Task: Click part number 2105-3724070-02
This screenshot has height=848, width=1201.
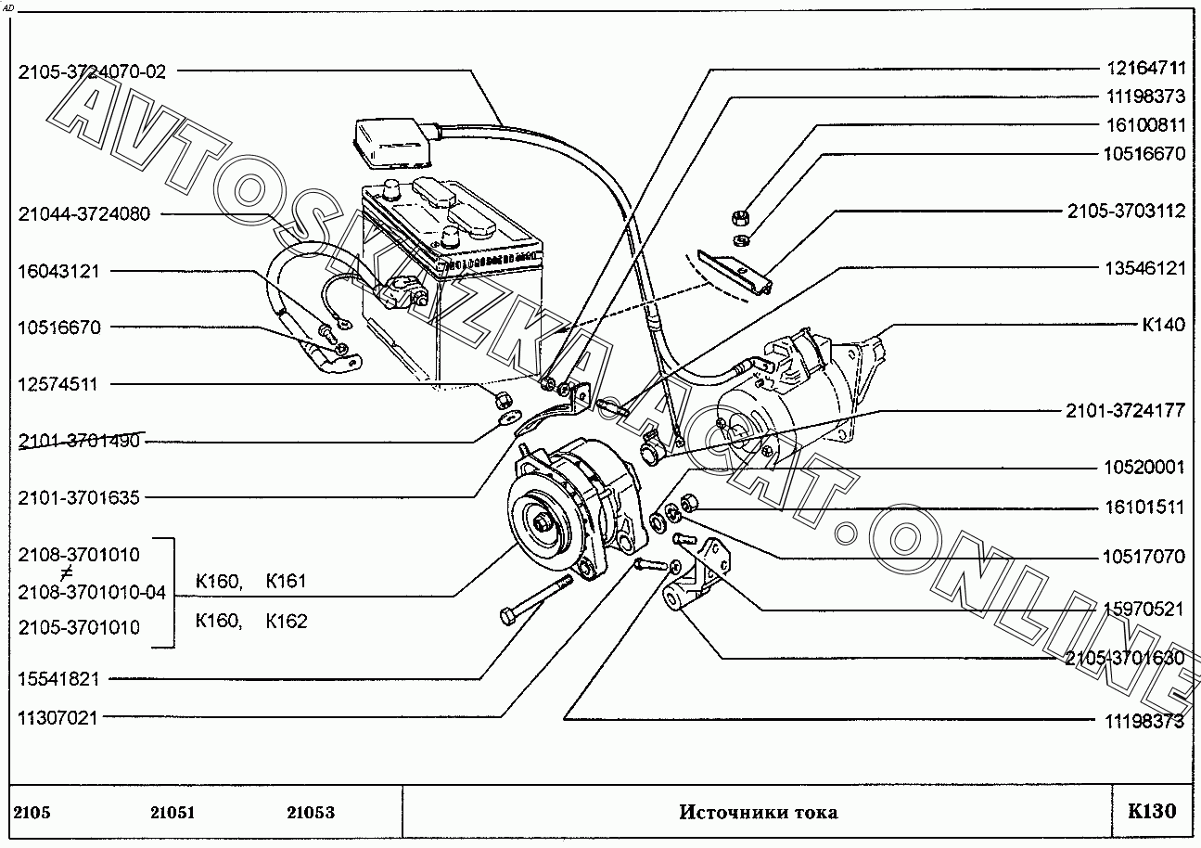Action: point(92,71)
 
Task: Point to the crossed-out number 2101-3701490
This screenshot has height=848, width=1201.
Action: point(79,441)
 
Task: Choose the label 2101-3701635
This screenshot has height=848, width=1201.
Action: point(79,498)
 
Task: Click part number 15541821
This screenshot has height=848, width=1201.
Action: point(57,679)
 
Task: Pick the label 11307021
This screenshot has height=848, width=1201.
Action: point(57,717)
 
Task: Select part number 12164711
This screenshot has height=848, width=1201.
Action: point(1144,68)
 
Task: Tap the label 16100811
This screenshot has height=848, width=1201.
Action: point(1144,125)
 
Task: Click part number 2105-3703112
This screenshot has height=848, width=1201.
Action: point(1126,212)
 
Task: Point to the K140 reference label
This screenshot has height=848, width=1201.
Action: point(1163,326)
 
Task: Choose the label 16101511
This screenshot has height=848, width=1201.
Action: point(1144,508)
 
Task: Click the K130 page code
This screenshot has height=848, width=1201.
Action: point(1152,812)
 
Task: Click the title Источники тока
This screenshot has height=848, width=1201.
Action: point(758,813)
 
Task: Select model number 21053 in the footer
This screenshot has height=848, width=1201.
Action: point(310,813)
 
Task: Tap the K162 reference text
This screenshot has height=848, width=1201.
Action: point(286,622)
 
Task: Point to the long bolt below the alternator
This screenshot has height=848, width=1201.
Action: point(537,600)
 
